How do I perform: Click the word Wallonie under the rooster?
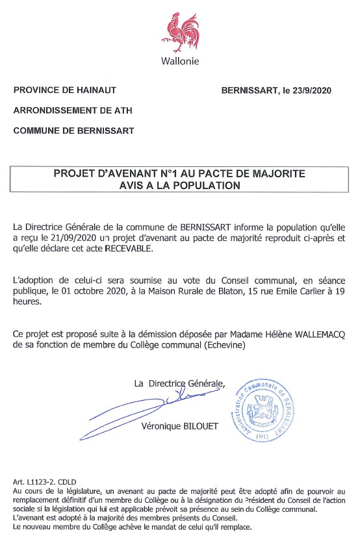tap(180, 61)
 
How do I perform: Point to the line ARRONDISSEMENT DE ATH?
tap(72, 110)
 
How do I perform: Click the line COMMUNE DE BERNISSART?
tap(73, 131)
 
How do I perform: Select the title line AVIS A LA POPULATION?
tap(179, 185)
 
